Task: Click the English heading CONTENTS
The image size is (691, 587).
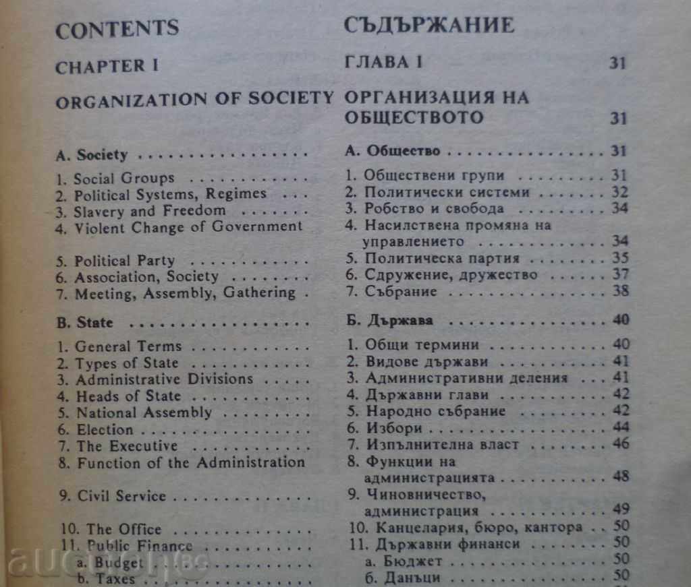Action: pos(117,29)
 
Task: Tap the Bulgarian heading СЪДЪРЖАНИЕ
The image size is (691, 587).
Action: pos(429,26)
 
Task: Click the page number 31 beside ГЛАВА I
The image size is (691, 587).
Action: pos(618,63)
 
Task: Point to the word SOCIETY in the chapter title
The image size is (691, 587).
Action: pos(291,100)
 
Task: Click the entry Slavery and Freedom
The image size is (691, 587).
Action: pos(150,210)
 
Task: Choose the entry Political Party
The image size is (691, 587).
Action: pos(124,260)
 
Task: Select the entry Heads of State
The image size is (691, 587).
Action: pos(128,396)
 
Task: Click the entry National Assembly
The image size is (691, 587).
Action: pos(144,412)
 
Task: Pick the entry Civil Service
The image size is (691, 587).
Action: pos(121,495)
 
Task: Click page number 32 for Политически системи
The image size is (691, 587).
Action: pos(619,192)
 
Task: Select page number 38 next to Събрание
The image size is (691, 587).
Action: pos(619,291)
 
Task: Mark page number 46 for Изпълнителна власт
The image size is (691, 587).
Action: pos(619,443)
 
